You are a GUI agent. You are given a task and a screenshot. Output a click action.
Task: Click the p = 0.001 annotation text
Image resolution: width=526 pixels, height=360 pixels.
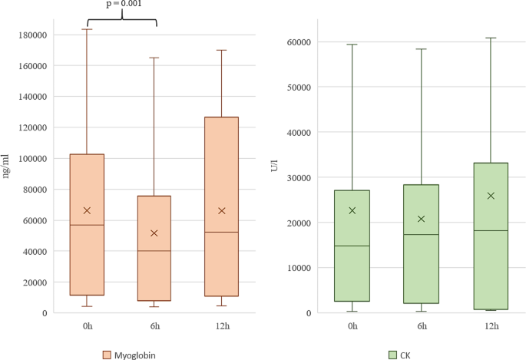124,4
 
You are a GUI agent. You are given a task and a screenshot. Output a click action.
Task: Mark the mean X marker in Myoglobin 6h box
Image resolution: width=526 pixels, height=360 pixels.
154,233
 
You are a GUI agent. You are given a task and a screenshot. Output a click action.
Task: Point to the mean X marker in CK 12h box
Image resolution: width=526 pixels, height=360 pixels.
490,196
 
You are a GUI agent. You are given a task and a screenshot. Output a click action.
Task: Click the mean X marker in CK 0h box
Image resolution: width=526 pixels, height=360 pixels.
352,210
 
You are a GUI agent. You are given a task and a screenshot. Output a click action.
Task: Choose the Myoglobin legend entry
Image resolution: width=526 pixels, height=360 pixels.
131,355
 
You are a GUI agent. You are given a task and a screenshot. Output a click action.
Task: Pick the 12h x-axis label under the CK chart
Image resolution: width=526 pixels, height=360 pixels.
490,325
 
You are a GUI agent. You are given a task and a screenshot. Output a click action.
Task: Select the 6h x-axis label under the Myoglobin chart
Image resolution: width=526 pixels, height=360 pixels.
154,325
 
